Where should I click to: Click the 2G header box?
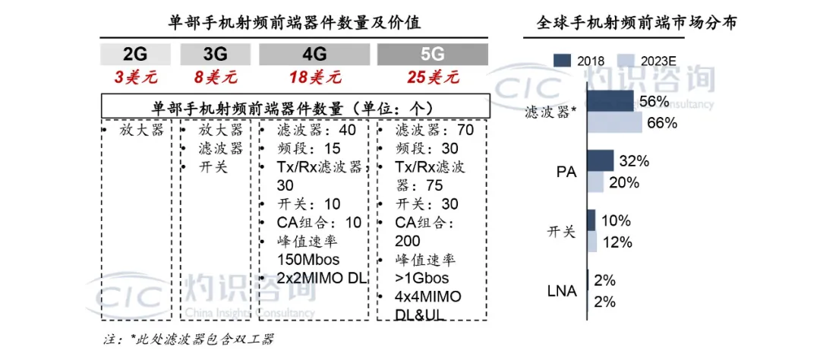(134, 54)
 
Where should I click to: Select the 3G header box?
(215, 54)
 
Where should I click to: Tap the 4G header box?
(314, 54)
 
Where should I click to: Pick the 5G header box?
(432, 54)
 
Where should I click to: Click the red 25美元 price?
(432, 77)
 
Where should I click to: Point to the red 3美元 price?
(134, 77)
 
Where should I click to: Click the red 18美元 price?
(314, 77)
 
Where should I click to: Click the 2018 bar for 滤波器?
(610, 102)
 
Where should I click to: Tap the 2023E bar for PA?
(595, 182)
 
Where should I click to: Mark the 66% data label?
(661, 123)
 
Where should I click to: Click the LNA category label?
(561, 291)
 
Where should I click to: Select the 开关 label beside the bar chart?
(561, 232)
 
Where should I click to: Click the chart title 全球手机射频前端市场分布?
(635, 23)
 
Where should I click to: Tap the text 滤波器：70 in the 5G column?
(434, 130)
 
